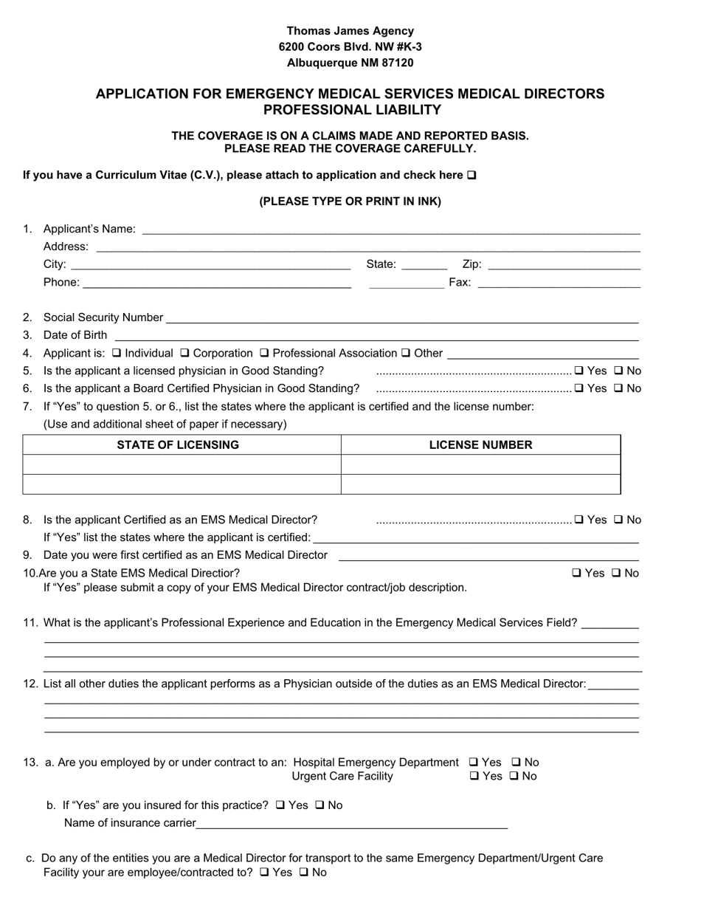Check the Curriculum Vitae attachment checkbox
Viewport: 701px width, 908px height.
click(472, 176)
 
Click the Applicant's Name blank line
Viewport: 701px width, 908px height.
click(391, 230)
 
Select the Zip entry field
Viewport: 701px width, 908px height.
click(564, 265)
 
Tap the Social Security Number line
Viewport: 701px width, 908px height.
click(402, 318)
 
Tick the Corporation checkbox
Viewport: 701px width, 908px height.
click(184, 353)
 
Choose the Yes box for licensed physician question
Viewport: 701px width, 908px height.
click(579, 371)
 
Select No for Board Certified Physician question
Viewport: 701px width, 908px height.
click(619, 388)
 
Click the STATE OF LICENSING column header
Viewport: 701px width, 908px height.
click(178, 445)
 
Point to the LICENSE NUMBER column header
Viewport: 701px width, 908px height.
click(480, 445)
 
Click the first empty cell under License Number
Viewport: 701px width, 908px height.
click(480, 465)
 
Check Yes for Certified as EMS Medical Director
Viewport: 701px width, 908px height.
click(579, 520)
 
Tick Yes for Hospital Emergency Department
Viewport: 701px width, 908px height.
click(474, 763)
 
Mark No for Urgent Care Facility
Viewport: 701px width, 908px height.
click(514, 777)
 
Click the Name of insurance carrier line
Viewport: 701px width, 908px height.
click(352, 824)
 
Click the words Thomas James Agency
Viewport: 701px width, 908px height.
click(350, 31)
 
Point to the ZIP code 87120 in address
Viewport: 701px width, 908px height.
click(398, 63)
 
